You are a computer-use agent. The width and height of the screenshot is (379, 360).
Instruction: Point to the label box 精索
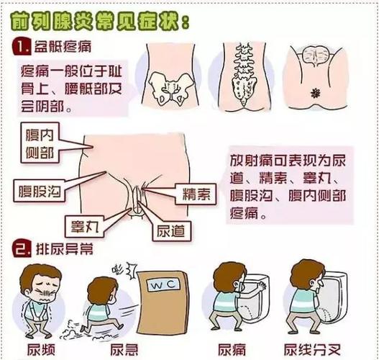194,194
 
